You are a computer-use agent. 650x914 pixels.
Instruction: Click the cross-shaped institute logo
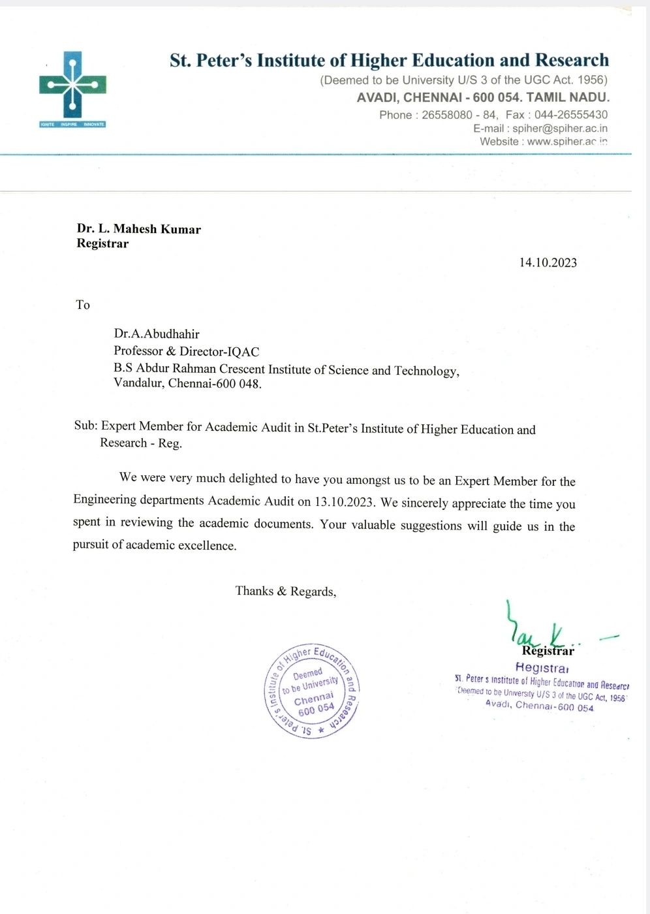[72, 87]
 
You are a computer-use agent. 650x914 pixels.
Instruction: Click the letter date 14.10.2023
[548, 262]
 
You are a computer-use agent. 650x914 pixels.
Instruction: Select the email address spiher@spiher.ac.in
[559, 129]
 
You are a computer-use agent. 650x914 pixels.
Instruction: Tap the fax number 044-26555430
[571, 115]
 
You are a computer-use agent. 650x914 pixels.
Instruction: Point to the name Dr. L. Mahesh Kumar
[138, 228]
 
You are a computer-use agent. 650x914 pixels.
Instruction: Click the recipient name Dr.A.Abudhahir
[156, 334]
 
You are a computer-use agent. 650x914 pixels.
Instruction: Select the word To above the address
[83, 305]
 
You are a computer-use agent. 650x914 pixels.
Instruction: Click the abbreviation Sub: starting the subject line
[86, 426]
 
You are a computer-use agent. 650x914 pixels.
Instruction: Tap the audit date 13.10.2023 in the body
[344, 502]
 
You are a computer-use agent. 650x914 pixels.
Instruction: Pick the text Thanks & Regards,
[285, 591]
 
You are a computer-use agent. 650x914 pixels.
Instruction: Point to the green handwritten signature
[535, 628]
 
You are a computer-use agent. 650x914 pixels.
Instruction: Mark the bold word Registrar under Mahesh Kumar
[102, 244]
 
